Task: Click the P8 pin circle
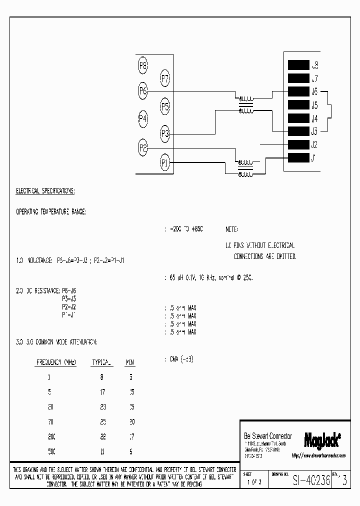[x=143, y=65]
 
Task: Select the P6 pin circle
[x=143, y=91]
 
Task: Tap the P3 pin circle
[x=165, y=133]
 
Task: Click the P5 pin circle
[x=165, y=106]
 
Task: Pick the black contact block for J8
[x=298, y=65]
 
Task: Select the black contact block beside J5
[x=298, y=105]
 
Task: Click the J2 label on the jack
[x=314, y=145]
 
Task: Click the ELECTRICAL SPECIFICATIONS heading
[x=45, y=191]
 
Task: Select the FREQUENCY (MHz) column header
[x=56, y=362]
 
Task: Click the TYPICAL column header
[x=102, y=362]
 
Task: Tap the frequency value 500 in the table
[x=52, y=451]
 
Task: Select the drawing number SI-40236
[x=311, y=479]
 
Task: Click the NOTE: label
[x=231, y=229]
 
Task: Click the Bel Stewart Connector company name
[x=267, y=436]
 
